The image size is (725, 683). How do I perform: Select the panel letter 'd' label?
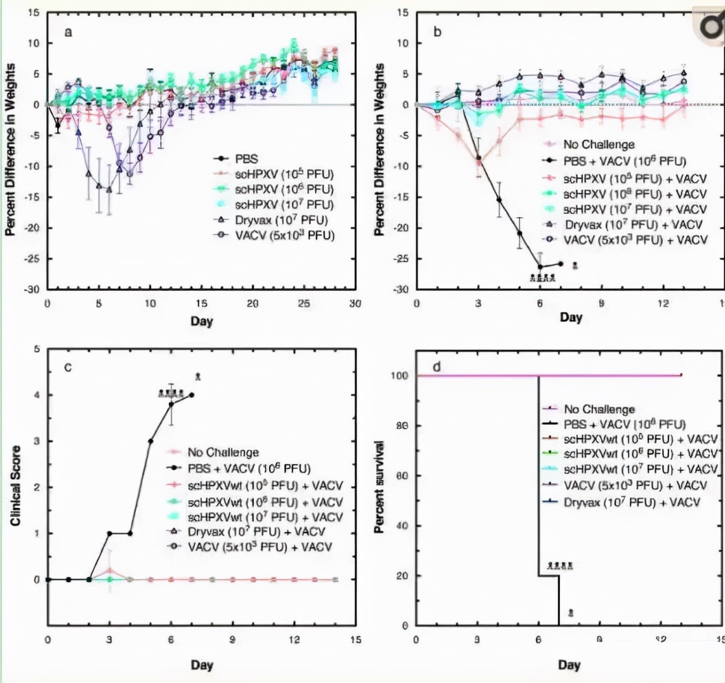click(x=437, y=368)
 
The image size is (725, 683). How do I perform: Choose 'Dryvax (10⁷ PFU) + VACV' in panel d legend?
click(x=630, y=501)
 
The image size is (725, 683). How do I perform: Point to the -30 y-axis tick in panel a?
click(x=33, y=289)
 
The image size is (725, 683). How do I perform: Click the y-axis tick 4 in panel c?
click(x=39, y=395)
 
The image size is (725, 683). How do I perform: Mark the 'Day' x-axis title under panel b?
click(x=570, y=318)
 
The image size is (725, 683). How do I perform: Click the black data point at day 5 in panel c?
click(x=150, y=441)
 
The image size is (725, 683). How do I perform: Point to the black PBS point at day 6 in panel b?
click(x=540, y=267)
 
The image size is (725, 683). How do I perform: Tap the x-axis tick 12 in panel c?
click(x=294, y=640)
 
